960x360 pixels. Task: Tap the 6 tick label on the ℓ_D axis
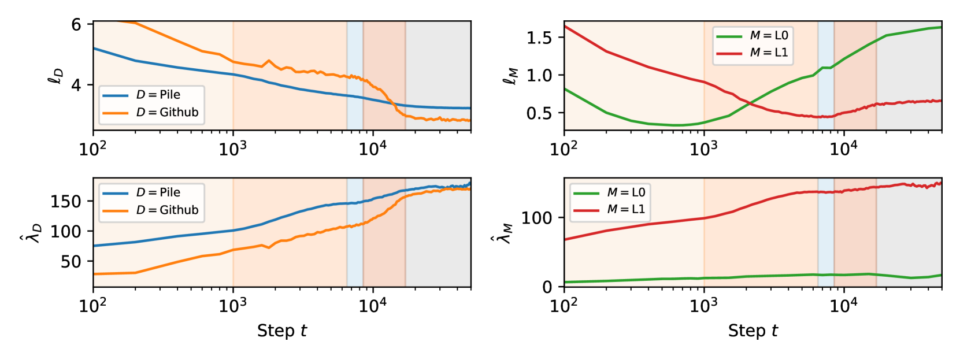(76, 24)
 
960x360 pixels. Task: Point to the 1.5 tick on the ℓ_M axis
(539, 38)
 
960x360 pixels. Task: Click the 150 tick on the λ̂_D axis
(65, 202)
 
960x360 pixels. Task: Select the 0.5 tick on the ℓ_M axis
(539, 113)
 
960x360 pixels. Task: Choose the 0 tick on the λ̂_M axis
(547, 287)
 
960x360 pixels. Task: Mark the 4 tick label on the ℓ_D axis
(76, 85)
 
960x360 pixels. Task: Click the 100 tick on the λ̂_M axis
(536, 218)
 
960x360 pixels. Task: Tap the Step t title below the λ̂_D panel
(281, 331)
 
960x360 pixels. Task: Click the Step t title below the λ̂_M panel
(753, 331)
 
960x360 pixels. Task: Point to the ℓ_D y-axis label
(56, 76)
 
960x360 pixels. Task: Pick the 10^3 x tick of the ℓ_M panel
(703, 149)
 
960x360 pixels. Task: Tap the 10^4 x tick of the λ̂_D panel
(372, 306)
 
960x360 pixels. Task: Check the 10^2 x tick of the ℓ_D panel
(93, 149)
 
